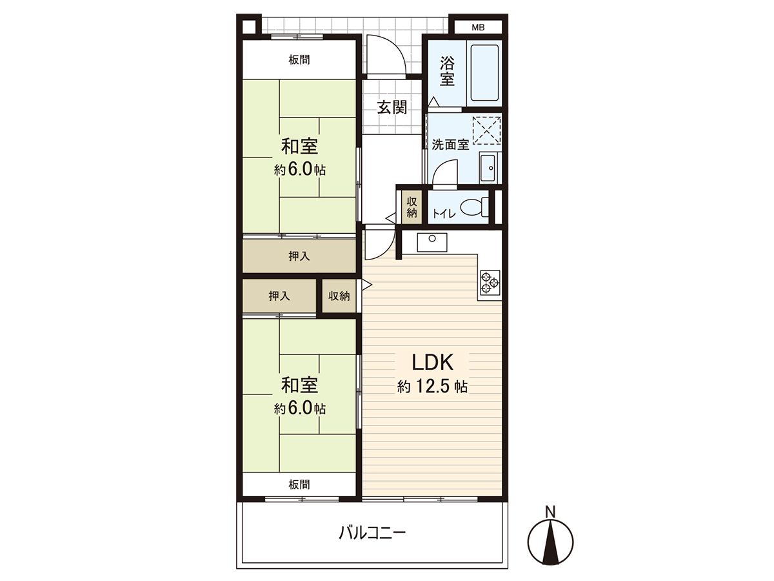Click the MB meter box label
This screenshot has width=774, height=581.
point(478,27)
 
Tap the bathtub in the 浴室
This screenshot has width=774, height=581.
point(484,73)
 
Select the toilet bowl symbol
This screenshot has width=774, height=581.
point(474,208)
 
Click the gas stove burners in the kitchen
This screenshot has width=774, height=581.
point(490,282)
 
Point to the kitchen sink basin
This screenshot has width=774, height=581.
point(432,242)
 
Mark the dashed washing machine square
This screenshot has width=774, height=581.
point(486,130)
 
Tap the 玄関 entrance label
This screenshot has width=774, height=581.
point(392,107)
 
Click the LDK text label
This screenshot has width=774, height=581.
point(433,362)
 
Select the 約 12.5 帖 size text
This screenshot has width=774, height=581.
point(433,387)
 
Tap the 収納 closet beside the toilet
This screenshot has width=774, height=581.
point(412,207)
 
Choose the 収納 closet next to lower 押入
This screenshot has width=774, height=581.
point(339,296)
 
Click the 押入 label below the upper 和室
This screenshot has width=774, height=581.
point(299,256)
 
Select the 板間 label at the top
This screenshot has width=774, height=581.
point(299,60)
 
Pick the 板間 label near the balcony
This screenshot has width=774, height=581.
point(299,485)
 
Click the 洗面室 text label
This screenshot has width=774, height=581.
point(450,144)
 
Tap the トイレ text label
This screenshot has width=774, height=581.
point(444,214)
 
